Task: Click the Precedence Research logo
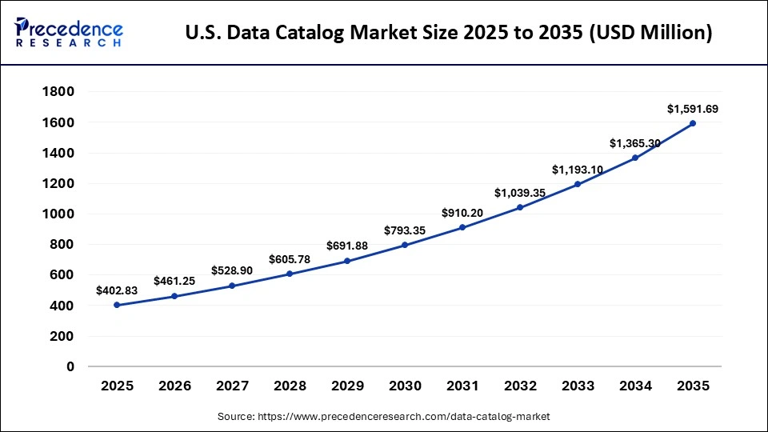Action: [69, 32]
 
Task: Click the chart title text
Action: [448, 33]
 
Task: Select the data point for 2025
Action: [117, 305]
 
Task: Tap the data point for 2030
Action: [405, 245]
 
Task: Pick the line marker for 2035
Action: [693, 123]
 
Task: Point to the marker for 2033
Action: [578, 184]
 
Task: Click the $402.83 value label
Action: [117, 290]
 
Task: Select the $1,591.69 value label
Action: [693, 108]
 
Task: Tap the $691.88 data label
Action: [347, 246]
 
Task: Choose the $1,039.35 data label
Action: [520, 193]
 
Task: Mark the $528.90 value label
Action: [232, 271]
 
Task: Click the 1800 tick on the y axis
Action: [58, 92]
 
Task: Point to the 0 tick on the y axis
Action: [70, 366]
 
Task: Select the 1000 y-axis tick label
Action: [58, 214]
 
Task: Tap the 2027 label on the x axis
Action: [232, 386]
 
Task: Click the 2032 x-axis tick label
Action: [520, 386]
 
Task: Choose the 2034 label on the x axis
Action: [635, 386]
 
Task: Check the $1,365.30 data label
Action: [635, 143]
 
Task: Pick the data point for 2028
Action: [290, 274]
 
